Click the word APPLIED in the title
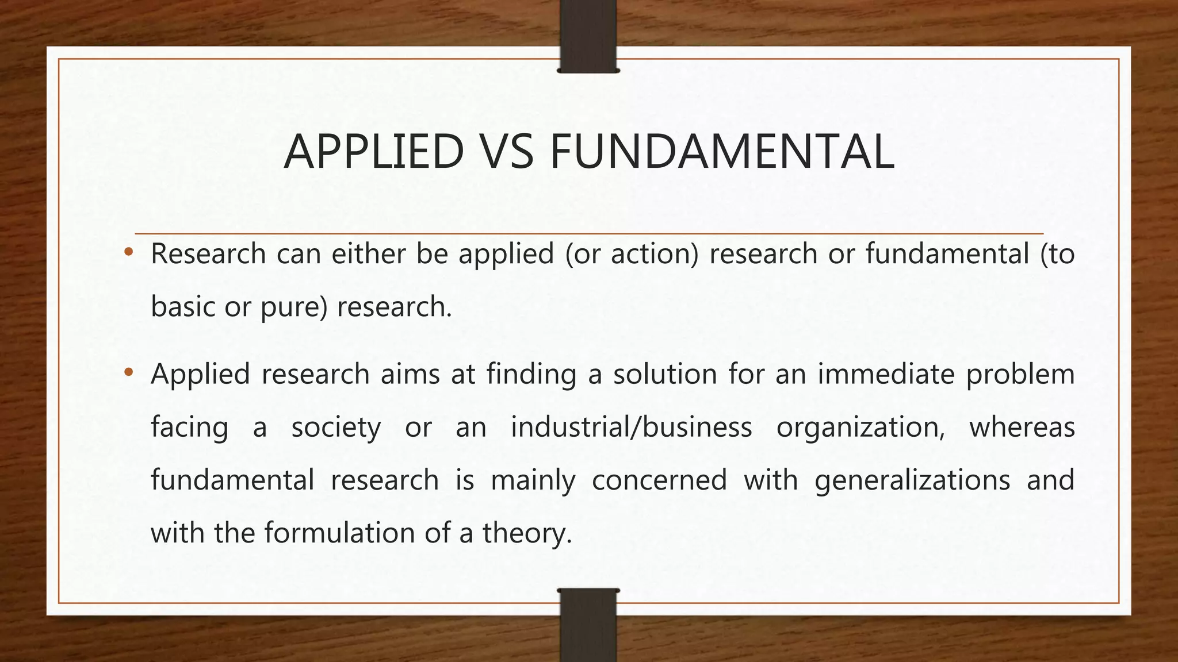click(x=374, y=152)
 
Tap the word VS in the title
click(x=506, y=152)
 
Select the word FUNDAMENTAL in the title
click(x=722, y=152)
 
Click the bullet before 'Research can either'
click(x=129, y=252)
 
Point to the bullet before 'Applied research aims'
click(x=129, y=372)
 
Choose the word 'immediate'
click(x=886, y=375)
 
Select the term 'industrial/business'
click(x=631, y=428)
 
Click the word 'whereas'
click(x=1022, y=428)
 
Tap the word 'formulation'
click(x=339, y=533)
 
